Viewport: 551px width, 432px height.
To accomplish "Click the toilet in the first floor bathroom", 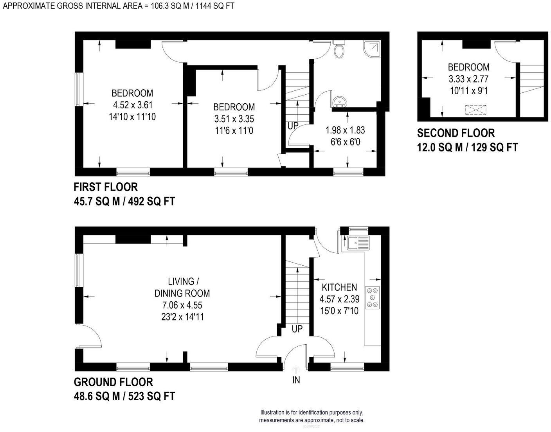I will (x=339, y=49).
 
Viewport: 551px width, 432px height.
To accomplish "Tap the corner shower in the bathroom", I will (x=372, y=49).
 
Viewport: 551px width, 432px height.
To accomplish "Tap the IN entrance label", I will (x=296, y=380).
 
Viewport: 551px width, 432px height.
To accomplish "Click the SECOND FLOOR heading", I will (x=456, y=133).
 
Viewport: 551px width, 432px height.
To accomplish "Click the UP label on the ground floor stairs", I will (x=297, y=329).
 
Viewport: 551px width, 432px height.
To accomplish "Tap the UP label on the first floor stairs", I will (x=293, y=126).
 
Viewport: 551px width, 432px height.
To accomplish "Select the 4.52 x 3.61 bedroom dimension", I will (x=132, y=105).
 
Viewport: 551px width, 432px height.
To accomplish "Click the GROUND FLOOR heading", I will (x=113, y=382).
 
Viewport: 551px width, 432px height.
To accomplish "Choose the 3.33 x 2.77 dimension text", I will (x=468, y=79).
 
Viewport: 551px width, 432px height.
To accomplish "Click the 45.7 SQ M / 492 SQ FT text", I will (x=124, y=201).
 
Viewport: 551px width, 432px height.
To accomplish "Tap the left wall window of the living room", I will (x=77, y=270).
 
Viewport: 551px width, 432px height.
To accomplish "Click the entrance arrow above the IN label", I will (x=296, y=369).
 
